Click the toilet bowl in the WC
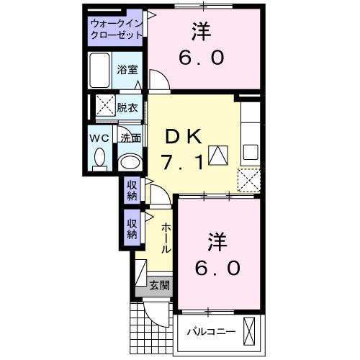(x=100, y=157)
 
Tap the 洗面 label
(x=130, y=138)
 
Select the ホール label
(x=166, y=238)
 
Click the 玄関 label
(x=160, y=285)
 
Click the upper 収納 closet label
(x=132, y=189)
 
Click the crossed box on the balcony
(x=250, y=332)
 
